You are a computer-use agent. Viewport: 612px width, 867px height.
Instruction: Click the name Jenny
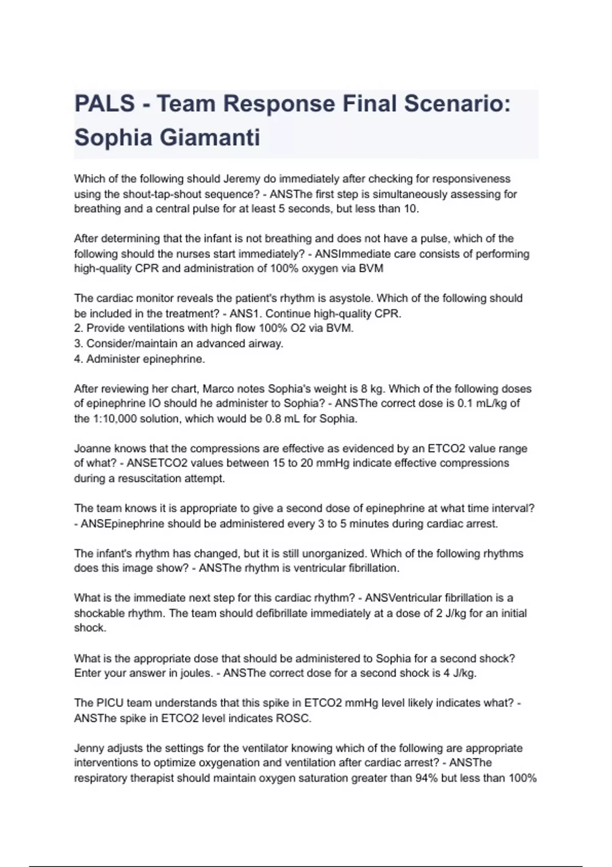click(90, 749)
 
